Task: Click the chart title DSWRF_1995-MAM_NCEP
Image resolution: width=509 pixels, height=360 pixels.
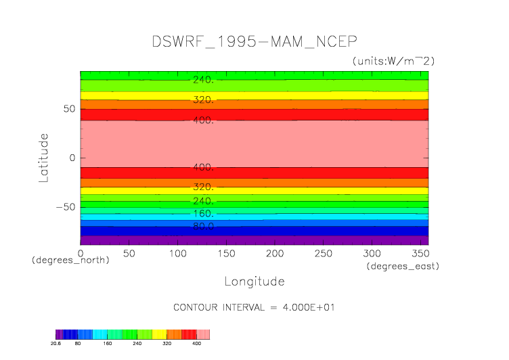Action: coord(254,41)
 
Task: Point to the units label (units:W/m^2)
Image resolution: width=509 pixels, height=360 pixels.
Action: coord(393,61)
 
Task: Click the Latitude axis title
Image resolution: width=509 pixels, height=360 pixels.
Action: coord(44,157)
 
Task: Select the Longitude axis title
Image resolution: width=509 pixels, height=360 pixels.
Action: coord(254,281)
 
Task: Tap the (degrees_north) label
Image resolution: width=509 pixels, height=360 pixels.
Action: coord(70,260)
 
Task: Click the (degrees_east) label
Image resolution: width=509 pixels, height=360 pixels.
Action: coord(403,266)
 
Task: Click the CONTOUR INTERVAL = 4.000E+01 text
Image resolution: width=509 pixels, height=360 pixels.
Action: coord(254,307)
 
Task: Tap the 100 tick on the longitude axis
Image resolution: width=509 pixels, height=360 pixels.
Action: coord(177,252)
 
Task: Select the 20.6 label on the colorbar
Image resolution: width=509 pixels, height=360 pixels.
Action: coord(56,344)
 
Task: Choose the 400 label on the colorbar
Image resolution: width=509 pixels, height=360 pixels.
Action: coord(198,344)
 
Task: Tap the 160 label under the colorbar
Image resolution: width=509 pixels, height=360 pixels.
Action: coord(107,344)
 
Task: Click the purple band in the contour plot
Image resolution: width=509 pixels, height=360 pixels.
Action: coord(254,240)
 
